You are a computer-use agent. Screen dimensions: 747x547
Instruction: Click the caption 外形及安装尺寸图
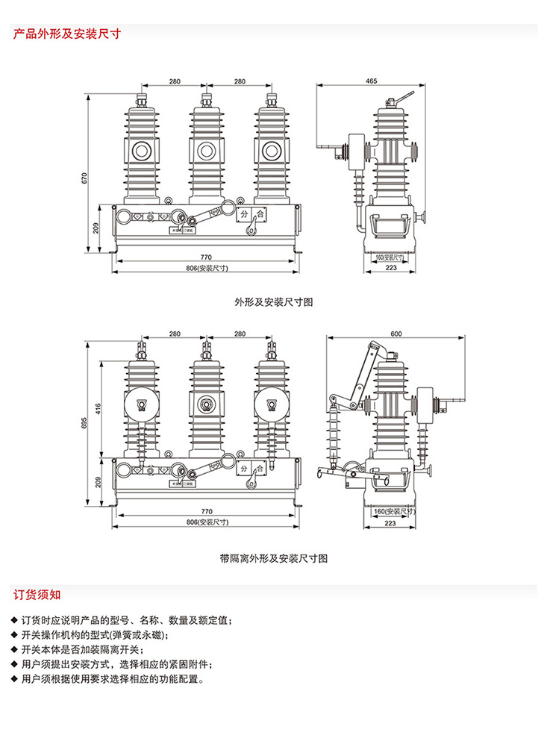coord(273,302)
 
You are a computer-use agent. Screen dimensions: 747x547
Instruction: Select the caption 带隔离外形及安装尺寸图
coord(273,557)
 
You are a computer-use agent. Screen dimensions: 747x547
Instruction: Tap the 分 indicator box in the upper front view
coord(245,214)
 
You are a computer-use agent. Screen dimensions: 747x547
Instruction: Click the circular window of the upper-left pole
coord(140,151)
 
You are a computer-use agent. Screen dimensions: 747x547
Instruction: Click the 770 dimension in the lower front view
coord(206,512)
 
